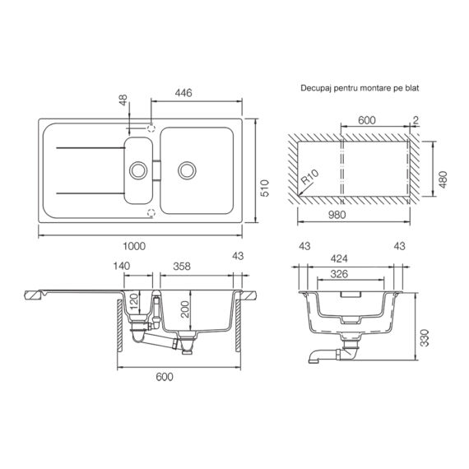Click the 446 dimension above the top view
click(x=183, y=94)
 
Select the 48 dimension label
click(x=123, y=100)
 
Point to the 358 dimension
click(x=183, y=267)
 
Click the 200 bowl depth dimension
click(x=185, y=309)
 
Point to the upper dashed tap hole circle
click(x=151, y=130)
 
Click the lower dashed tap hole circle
click(x=151, y=213)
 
